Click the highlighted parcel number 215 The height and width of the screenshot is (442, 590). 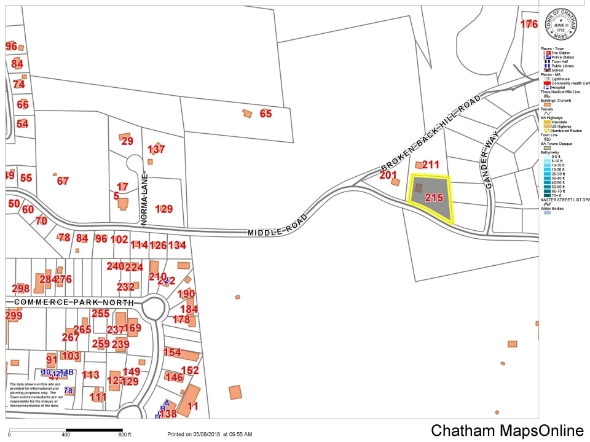point(434,198)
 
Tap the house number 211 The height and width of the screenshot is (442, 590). point(431,165)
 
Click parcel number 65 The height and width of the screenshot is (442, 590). point(265,114)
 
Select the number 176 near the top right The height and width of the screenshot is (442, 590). point(529,25)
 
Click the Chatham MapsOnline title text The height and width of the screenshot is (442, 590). point(506,430)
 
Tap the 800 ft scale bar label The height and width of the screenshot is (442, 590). point(125,435)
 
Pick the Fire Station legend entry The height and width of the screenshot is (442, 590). point(560,53)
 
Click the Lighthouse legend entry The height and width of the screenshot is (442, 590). point(560,79)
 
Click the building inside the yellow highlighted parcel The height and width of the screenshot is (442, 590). point(418,188)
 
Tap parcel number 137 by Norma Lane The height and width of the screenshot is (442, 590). point(156,149)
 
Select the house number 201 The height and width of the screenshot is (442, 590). point(388,176)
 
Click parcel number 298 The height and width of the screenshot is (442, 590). point(20,289)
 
